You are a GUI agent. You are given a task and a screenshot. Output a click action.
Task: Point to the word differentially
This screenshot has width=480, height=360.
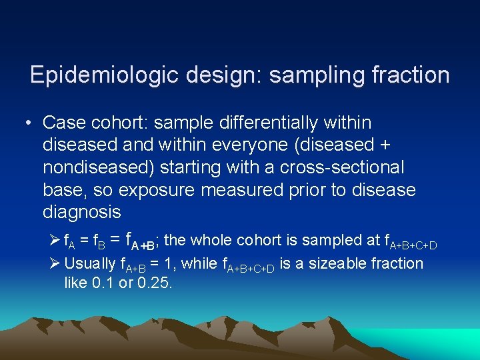pos(265,123)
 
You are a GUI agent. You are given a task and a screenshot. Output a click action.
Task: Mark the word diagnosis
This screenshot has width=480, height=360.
pos(81,213)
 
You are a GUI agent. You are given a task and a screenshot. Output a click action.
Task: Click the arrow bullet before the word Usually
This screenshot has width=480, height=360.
pos(57,264)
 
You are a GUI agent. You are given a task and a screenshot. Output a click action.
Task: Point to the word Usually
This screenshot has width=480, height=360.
pos(90,264)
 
